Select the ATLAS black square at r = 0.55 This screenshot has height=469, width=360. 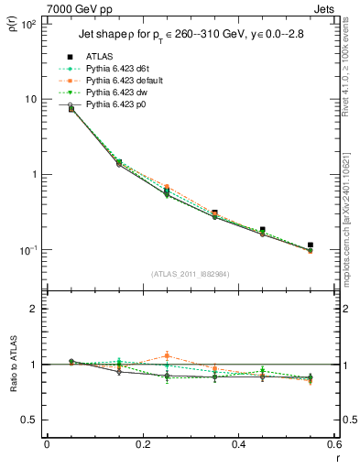tap(311, 245)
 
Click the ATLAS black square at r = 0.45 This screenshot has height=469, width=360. tap(263, 230)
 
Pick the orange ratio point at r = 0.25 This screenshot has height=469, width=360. tap(167, 355)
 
